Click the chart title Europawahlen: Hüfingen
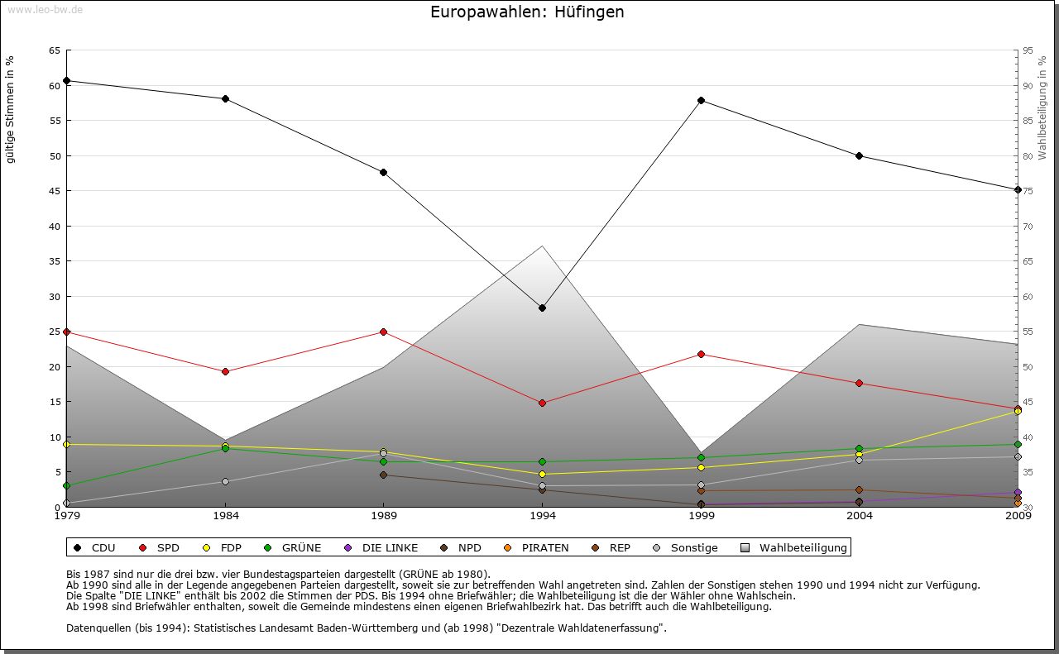pyautogui.click(x=527, y=12)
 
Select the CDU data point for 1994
pyautogui.click(x=542, y=308)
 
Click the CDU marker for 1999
pyautogui.click(x=701, y=101)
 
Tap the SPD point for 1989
pyautogui.click(x=383, y=332)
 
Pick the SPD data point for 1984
pyautogui.click(x=225, y=371)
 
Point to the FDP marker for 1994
pyautogui.click(x=542, y=474)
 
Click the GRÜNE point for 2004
pyautogui.click(x=859, y=449)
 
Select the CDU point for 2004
pyautogui.click(x=859, y=155)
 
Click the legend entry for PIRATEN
pyautogui.click(x=537, y=547)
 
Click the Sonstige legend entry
pyautogui.click(x=686, y=547)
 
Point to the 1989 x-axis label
pyautogui.click(x=383, y=517)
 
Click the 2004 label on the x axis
pyautogui.click(x=859, y=517)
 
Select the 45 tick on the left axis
pyautogui.click(x=54, y=191)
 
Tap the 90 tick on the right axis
pyautogui.click(x=1027, y=85)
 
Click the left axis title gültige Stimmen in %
pyautogui.click(x=11, y=109)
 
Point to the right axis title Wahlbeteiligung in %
pyautogui.click(x=1042, y=108)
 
